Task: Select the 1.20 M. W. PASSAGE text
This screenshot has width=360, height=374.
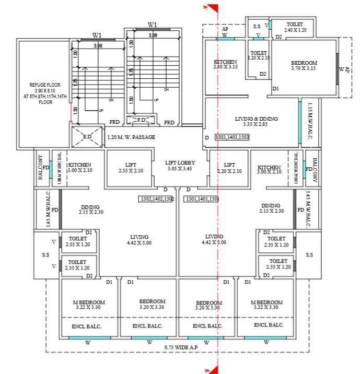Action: pyautogui.click(x=131, y=138)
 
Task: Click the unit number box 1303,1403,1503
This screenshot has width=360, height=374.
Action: pyautogui.click(x=232, y=137)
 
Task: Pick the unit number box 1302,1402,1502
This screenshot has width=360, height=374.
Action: pyautogui.click(x=156, y=199)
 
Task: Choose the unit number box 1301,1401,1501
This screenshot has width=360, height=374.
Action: pyautogui.click(x=201, y=199)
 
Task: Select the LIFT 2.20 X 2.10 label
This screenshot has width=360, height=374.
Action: pyautogui.click(x=229, y=168)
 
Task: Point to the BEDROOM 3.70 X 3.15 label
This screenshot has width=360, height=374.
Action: pyautogui.click(x=304, y=66)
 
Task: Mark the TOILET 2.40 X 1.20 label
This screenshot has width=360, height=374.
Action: pyautogui.click(x=293, y=27)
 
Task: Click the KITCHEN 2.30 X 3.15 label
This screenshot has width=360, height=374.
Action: pyautogui.click(x=226, y=64)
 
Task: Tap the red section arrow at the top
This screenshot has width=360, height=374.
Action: pyautogui.click(x=211, y=7)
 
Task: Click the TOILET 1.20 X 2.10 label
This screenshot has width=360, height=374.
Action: pyautogui.click(x=259, y=55)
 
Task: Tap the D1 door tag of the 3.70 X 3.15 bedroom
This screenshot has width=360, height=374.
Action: pyautogui.click(x=275, y=89)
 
